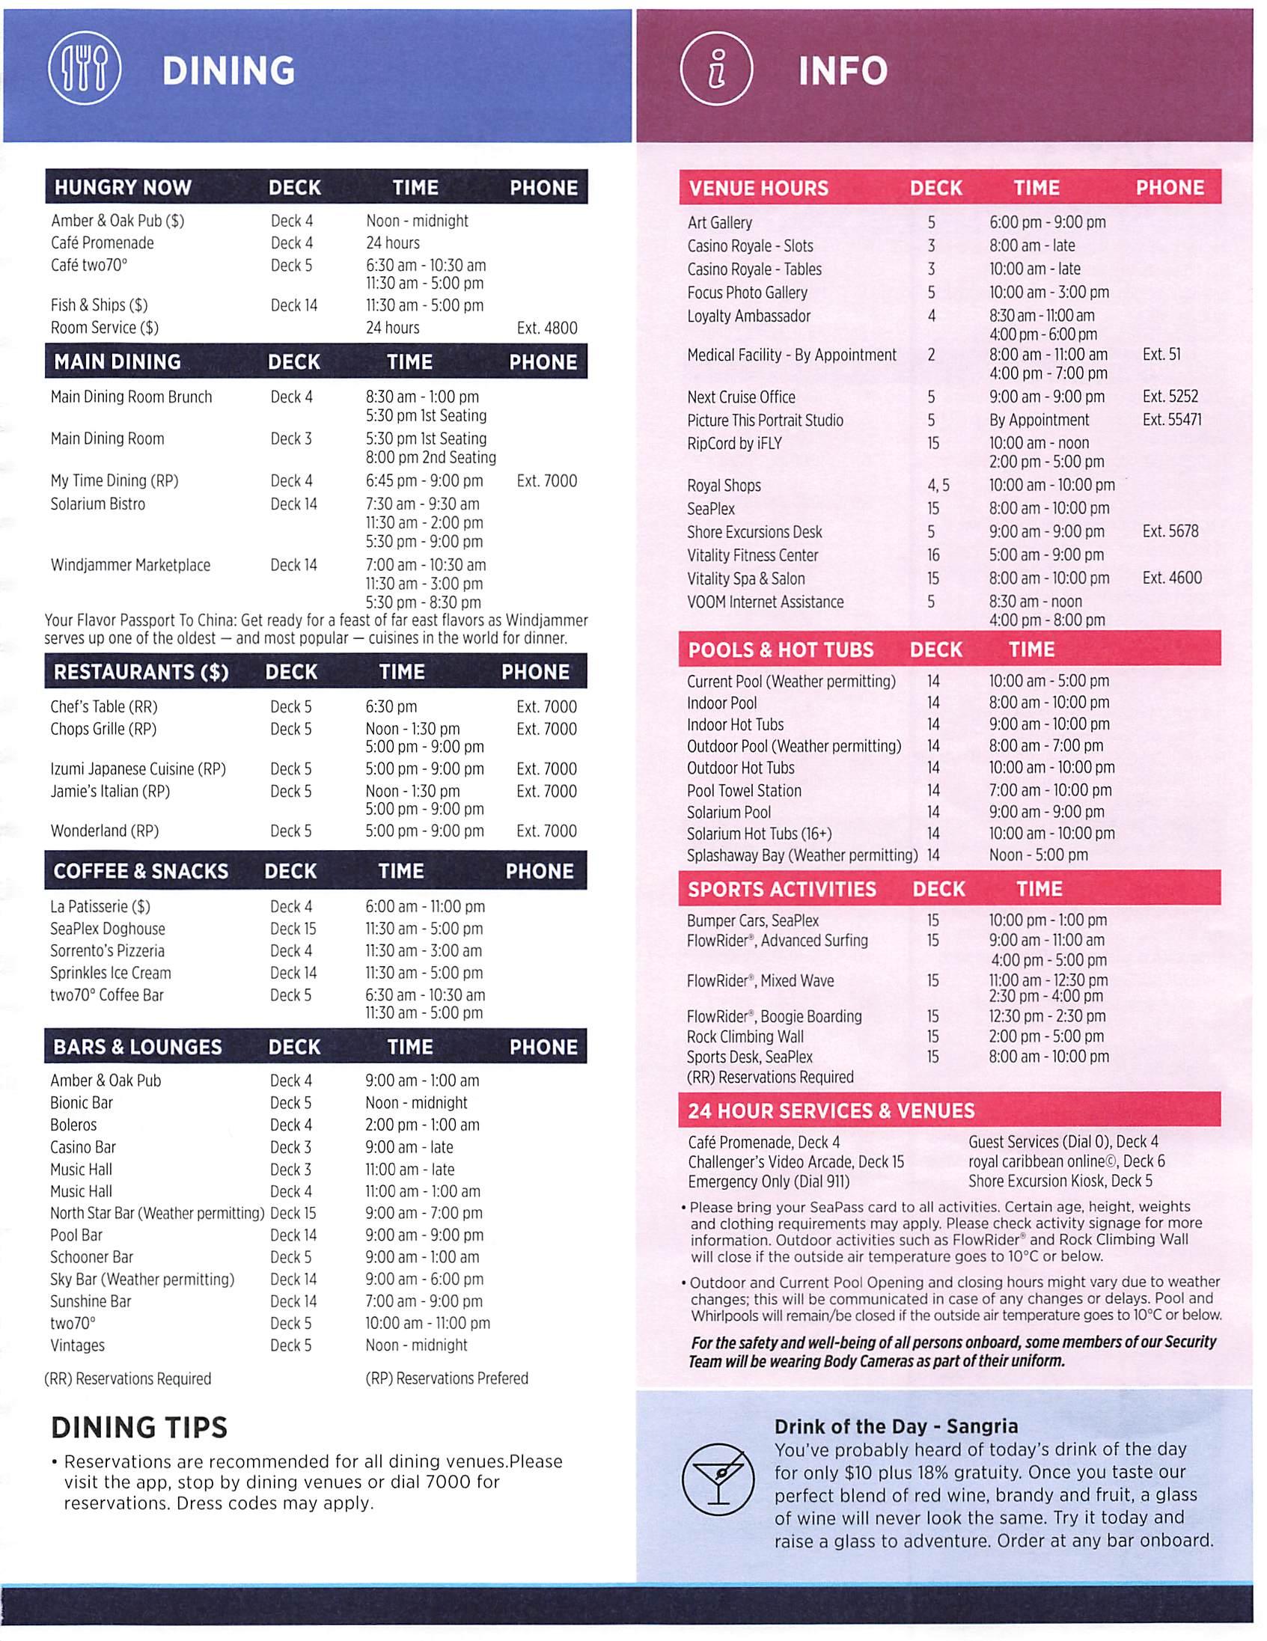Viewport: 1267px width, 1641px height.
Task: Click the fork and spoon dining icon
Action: (x=85, y=70)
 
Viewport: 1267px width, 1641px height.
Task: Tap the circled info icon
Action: (x=716, y=70)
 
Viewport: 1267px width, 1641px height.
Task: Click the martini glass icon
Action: (x=718, y=1475)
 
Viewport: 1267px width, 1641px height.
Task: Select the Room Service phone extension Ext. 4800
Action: (x=547, y=328)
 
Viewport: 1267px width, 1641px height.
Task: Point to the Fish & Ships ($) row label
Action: (x=100, y=305)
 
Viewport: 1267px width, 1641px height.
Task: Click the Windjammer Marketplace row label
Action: (x=130, y=565)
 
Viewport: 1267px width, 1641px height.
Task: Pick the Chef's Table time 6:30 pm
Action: (x=391, y=706)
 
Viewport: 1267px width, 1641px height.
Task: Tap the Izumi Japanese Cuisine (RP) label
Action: (x=138, y=768)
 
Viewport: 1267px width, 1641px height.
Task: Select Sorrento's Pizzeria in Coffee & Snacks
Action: (x=108, y=950)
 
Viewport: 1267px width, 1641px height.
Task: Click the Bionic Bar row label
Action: (x=81, y=1102)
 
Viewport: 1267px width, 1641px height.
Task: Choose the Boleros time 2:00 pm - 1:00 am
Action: (x=422, y=1125)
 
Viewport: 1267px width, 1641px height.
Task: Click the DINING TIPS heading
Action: (x=139, y=1427)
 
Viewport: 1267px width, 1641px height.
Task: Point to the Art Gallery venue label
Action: (x=719, y=222)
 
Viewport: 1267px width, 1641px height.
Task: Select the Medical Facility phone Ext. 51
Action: (x=1161, y=354)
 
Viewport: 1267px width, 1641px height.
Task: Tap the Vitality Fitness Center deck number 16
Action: (x=932, y=555)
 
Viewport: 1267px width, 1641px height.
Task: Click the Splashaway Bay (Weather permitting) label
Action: (x=802, y=855)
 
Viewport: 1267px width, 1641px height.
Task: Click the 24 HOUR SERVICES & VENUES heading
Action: (x=831, y=1110)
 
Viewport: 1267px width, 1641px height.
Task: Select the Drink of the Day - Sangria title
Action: (x=896, y=1426)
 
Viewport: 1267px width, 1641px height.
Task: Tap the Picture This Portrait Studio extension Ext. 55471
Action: (x=1171, y=420)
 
